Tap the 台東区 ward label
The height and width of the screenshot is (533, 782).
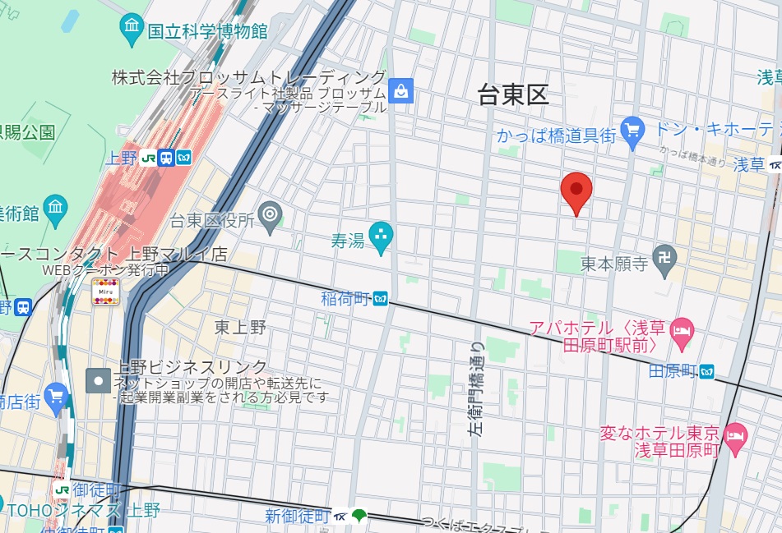[513, 95]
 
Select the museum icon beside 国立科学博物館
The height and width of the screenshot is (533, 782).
[132, 30]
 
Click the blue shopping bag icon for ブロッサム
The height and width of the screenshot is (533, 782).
[400, 90]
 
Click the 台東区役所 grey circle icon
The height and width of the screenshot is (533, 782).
[270, 216]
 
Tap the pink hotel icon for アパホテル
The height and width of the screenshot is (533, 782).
[683, 333]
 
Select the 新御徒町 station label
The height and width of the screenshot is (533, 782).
[297, 517]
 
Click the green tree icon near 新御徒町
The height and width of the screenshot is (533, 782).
[359, 517]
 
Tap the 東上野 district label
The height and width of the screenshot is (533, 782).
[240, 328]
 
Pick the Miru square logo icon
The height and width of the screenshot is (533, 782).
[105, 292]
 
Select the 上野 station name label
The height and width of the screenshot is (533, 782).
[121, 159]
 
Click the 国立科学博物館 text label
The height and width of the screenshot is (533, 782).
[207, 32]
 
